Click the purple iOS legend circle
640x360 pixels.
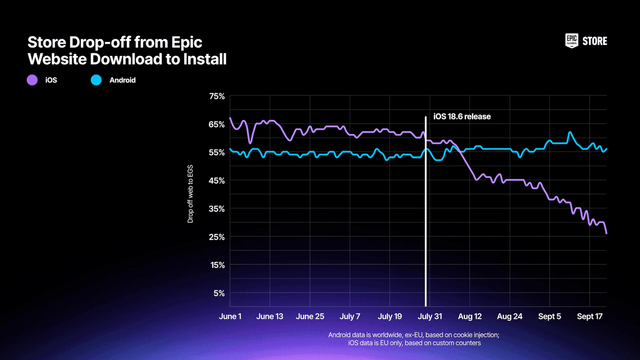click(32, 80)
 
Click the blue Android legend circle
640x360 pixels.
click(96, 80)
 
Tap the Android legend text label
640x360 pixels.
click(122, 80)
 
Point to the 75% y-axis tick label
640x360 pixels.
click(217, 96)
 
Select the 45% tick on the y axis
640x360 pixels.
click(217, 181)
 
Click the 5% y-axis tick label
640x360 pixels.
click(219, 293)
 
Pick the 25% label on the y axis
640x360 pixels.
click(217, 237)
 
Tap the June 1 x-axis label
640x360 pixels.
click(230, 316)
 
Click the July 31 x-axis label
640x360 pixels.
click(430, 316)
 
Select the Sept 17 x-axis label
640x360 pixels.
click(589, 316)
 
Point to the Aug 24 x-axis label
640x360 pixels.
click(509, 316)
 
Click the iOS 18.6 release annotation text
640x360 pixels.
click(462, 117)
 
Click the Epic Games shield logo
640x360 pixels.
click(572, 41)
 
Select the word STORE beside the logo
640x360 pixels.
click(595, 41)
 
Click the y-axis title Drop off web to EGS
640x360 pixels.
click(190, 194)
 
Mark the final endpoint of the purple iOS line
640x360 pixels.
click(606, 233)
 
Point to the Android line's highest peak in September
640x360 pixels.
click(570, 132)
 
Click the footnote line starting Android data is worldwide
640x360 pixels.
click(414, 335)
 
